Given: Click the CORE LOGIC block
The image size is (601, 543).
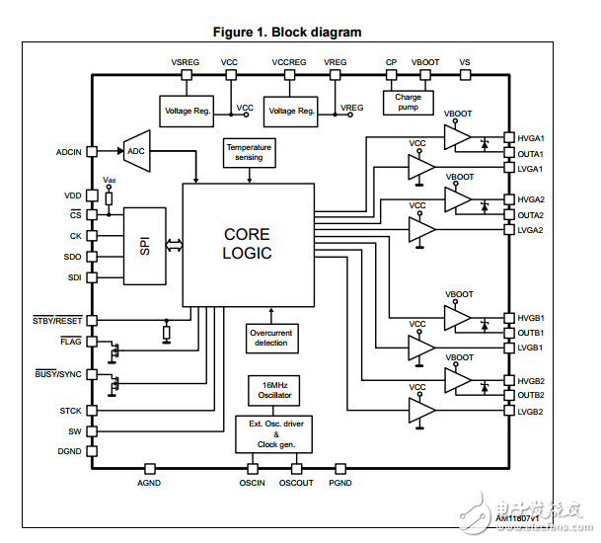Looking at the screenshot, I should [247, 244].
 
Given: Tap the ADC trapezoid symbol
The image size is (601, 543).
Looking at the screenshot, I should [134, 151].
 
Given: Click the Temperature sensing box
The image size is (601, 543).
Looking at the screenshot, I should [249, 152].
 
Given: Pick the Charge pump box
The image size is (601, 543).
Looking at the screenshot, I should [408, 103].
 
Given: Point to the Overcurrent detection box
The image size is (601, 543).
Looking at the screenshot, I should [270, 338].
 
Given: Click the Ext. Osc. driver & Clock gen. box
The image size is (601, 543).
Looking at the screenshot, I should [270, 433].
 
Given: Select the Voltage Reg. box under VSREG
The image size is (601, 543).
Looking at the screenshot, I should [187, 111].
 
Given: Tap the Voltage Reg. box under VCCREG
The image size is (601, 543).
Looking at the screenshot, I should [291, 111].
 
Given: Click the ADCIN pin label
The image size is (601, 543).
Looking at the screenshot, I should [69, 152].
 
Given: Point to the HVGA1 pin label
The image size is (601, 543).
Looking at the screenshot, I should [531, 139].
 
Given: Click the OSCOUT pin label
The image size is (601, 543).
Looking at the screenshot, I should [296, 483].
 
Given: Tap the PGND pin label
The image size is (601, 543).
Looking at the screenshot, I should [340, 483].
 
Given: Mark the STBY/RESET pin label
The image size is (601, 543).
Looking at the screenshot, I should [57, 320].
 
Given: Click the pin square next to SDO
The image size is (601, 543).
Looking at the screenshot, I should [92, 257].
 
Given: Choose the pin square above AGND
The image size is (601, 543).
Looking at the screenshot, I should [150, 468].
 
